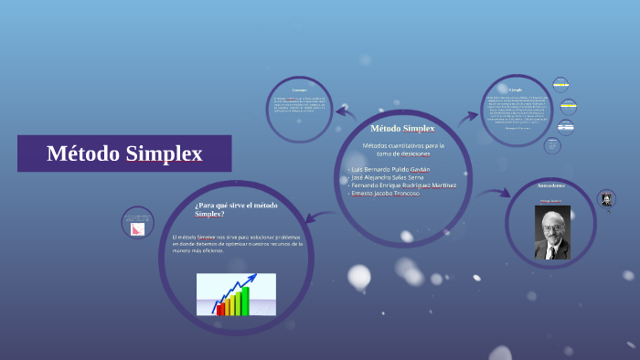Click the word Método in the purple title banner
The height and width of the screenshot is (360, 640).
click(x=82, y=154)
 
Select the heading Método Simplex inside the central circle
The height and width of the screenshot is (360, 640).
click(x=402, y=128)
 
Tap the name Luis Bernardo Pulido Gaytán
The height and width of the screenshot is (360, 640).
click(x=389, y=169)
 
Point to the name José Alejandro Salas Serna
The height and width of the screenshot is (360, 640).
click(x=388, y=177)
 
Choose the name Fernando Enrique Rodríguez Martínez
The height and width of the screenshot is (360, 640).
click(x=402, y=185)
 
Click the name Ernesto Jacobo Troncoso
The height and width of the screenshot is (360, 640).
click(x=384, y=194)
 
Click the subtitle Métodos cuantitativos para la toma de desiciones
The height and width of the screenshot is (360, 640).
click(x=402, y=149)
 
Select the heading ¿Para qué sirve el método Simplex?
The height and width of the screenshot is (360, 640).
click(x=236, y=209)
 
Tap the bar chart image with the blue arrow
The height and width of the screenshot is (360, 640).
click(x=235, y=295)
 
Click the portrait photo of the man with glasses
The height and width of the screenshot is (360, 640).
click(x=551, y=232)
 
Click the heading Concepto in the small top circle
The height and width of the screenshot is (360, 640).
click(x=298, y=90)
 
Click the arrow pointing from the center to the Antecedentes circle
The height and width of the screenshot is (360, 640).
click(x=494, y=194)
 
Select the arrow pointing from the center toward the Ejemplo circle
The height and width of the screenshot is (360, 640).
click(x=468, y=117)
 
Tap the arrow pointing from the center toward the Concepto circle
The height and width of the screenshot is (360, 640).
click(x=346, y=112)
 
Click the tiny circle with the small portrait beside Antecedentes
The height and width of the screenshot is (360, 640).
click(x=606, y=199)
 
